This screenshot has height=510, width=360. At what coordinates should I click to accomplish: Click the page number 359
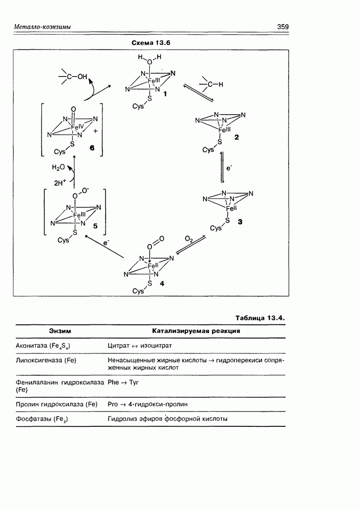coord(284,27)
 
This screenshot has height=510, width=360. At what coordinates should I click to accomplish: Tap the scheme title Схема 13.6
coord(150,43)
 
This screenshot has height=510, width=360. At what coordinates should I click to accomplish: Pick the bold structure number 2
coord(236,138)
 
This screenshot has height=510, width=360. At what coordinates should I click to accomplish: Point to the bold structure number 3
coord(240,223)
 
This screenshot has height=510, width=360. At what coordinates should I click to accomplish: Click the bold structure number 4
coord(162,284)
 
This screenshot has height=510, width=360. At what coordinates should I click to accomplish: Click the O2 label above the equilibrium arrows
coord(189,239)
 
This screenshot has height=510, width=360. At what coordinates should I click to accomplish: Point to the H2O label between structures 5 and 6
coord(58,167)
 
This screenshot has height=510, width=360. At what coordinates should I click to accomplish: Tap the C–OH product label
coord(74,78)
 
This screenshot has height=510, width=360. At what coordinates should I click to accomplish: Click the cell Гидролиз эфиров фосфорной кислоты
coord(167,419)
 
